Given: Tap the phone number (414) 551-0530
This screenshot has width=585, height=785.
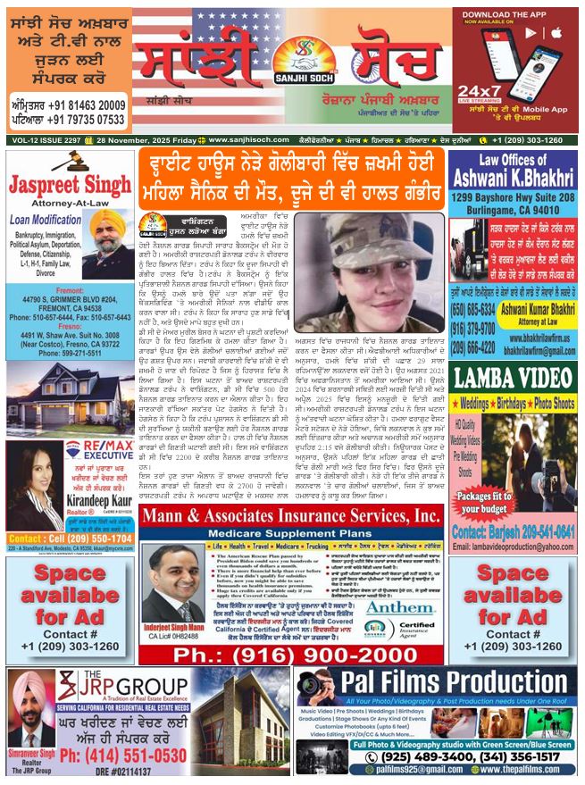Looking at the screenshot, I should [x=133, y=756].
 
